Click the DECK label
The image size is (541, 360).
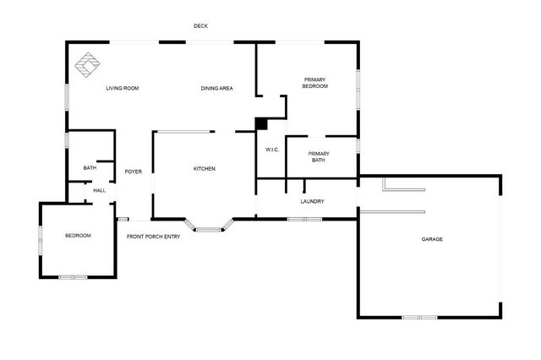[x=200, y=26]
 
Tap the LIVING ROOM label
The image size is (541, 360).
[x=122, y=88]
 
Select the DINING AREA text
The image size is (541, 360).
[x=216, y=88]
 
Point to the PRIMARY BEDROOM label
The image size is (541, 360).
[x=314, y=83]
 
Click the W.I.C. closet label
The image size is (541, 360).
[x=272, y=150]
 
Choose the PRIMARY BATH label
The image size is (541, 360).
[x=319, y=157]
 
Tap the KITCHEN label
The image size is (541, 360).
[x=205, y=169]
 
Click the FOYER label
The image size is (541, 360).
[x=134, y=172]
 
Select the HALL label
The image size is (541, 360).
[x=100, y=190]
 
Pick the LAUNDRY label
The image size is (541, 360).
[x=312, y=201]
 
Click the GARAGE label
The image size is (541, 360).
[x=432, y=239]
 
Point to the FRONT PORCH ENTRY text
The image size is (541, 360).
[x=154, y=237]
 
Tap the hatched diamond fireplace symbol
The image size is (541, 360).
[x=87, y=65]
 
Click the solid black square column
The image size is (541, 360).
[x=261, y=123]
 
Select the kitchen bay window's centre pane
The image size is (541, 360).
[x=209, y=229]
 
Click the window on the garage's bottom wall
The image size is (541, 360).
[x=419, y=317]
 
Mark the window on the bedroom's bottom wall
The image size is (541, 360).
[x=73, y=277]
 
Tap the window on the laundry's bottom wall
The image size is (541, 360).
[x=305, y=220]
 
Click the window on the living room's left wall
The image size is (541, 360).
[x=67, y=97]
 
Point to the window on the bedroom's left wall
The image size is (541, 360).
[x=41, y=241]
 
